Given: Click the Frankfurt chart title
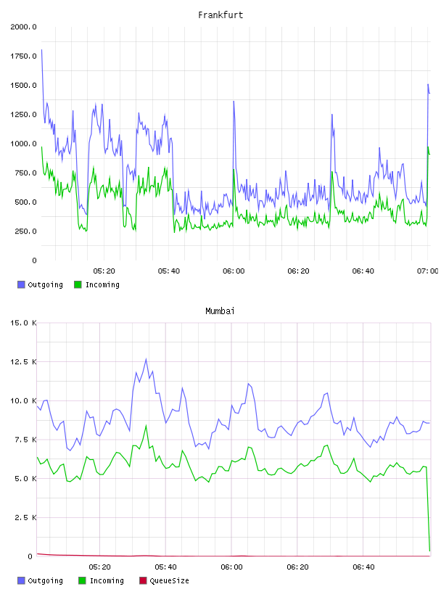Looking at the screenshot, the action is tap(220, 15).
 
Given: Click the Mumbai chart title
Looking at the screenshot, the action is tap(220, 311).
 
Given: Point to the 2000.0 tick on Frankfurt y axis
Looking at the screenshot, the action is tap(23, 27).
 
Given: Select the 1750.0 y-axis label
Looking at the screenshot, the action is tap(23, 57).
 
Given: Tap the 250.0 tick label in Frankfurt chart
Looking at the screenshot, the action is tap(25, 231).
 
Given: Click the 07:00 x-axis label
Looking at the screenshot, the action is tap(427, 271).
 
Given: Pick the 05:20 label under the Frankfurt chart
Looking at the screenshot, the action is tap(104, 271).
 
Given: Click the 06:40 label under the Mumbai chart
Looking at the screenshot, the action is tap(363, 567).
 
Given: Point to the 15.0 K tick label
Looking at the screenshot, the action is tap(23, 323).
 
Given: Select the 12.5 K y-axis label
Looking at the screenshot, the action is tap(23, 362).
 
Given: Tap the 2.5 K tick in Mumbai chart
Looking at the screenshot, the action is tap(25, 517).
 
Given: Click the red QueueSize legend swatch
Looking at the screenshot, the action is tap(143, 580).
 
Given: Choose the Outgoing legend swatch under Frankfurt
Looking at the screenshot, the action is tap(21, 284).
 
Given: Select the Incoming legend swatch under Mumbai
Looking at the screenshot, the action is tap(82, 580).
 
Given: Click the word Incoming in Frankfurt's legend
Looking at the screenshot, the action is tap(102, 284).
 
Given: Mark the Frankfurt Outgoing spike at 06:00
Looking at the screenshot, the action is tap(234, 102).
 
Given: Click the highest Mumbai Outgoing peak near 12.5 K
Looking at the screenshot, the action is tap(146, 359).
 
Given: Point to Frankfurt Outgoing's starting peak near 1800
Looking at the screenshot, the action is tap(41, 50).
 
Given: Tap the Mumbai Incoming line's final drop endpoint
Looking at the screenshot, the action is tap(429, 551).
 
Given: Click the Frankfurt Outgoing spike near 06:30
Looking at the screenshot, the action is tap(332, 115).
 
